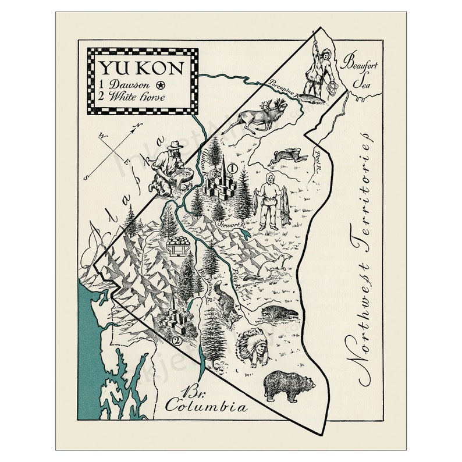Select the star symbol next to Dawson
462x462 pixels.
pos(161,86)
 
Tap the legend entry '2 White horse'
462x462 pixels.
pos(132,97)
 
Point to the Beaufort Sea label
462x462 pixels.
pos(360,68)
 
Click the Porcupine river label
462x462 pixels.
pos(279,87)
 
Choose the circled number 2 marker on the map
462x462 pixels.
pos(176,342)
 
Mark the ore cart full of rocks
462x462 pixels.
pos(179,244)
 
